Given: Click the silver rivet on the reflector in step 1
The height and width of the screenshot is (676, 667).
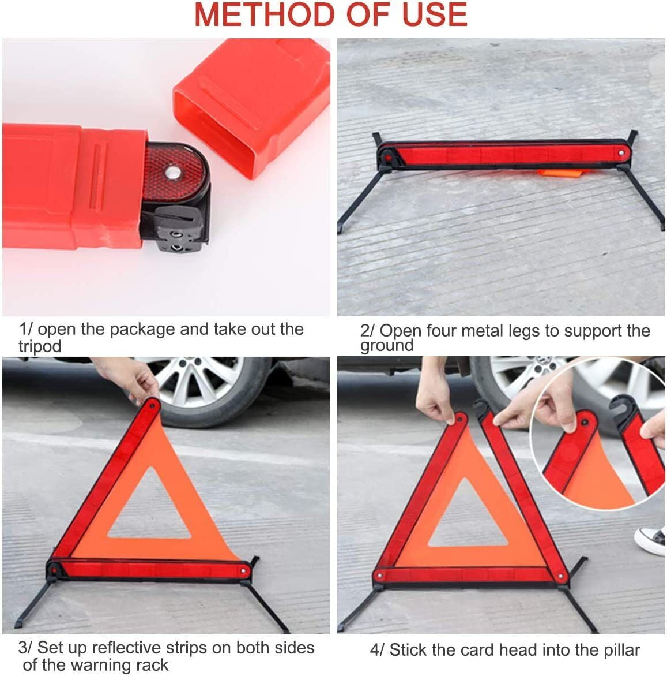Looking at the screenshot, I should click(x=171, y=171).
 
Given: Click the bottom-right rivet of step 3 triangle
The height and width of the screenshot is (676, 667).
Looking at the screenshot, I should click(x=244, y=570).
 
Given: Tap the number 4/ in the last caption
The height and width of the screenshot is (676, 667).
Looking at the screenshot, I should click(x=376, y=650).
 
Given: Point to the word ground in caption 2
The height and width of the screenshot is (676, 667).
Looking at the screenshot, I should click(x=387, y=346).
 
